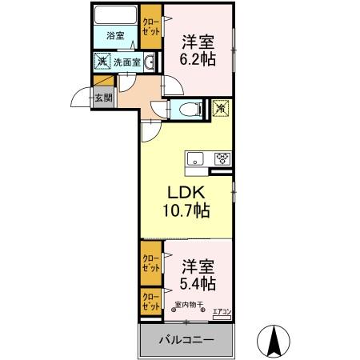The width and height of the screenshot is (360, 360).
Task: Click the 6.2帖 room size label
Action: (x=196, y=49)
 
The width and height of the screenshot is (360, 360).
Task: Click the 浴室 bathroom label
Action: (x=116, y=36)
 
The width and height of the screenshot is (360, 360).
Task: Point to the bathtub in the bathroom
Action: (x=115, y=15)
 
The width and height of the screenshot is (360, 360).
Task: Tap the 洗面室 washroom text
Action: (x=126, y=61)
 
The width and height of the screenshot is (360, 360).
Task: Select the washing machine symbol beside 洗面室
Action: (x=102, y=61)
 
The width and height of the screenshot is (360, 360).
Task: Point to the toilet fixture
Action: (x=188, y=110)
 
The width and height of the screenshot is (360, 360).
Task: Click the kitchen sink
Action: (x=197, y=158)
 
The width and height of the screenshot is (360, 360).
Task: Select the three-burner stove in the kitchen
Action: (x=221, y=158)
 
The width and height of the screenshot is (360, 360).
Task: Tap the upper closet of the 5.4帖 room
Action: (x=150, y=263)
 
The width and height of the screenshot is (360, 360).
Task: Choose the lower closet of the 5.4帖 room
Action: (x=150, y=302)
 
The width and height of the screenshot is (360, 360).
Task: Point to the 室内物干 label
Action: (x=188, y=304)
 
